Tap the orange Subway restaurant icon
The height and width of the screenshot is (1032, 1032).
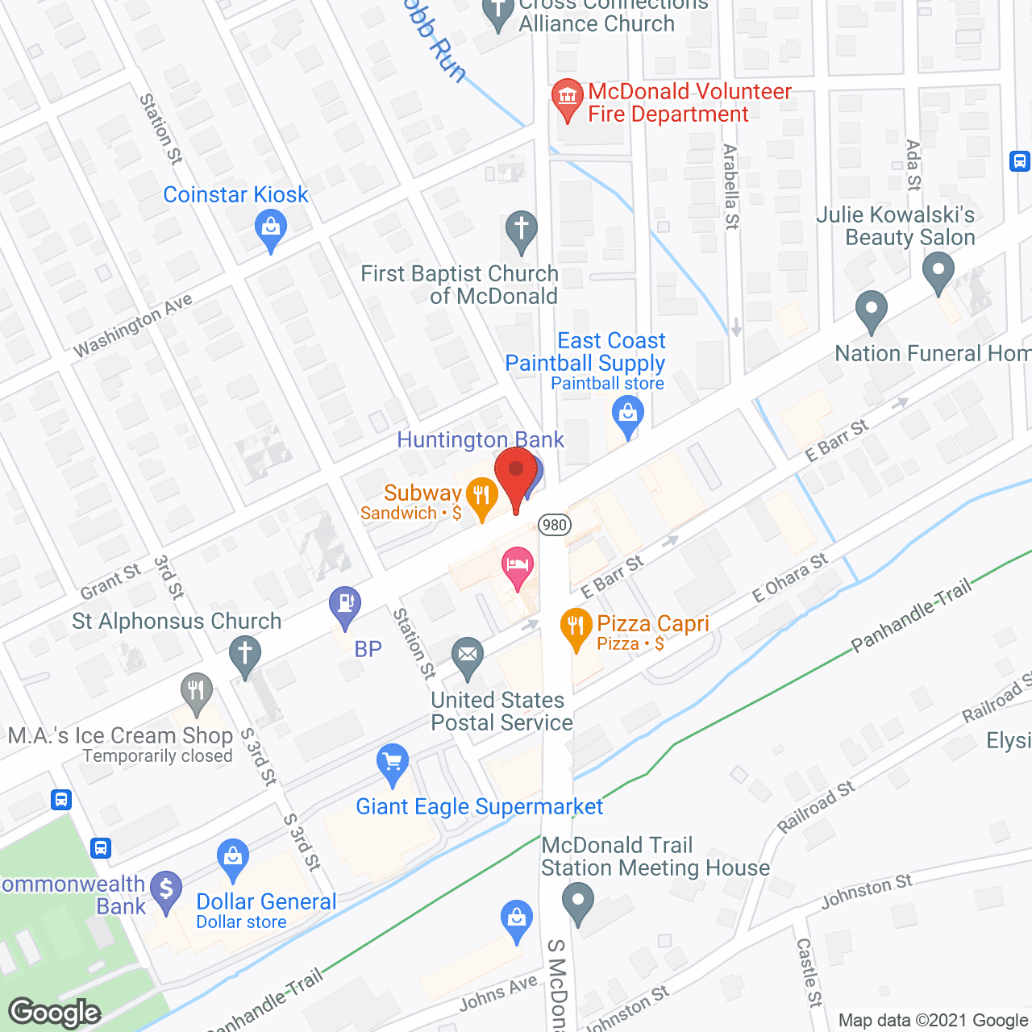click(481, 497)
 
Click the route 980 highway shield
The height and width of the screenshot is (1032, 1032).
click(555, 525)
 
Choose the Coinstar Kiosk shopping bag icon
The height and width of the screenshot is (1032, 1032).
click(271, 229)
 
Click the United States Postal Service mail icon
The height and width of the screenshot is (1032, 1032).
click(468, 655)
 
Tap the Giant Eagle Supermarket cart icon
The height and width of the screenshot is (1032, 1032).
click(393, 763)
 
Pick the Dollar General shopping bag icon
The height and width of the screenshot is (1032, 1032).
click(233, 859)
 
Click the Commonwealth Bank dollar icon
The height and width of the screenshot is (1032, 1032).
click(166, 890)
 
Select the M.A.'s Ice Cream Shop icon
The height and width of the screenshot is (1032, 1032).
click(196, 692)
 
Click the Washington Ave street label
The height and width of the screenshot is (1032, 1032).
click(133, 324)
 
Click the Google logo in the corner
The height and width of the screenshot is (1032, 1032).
click(55, 1013)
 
